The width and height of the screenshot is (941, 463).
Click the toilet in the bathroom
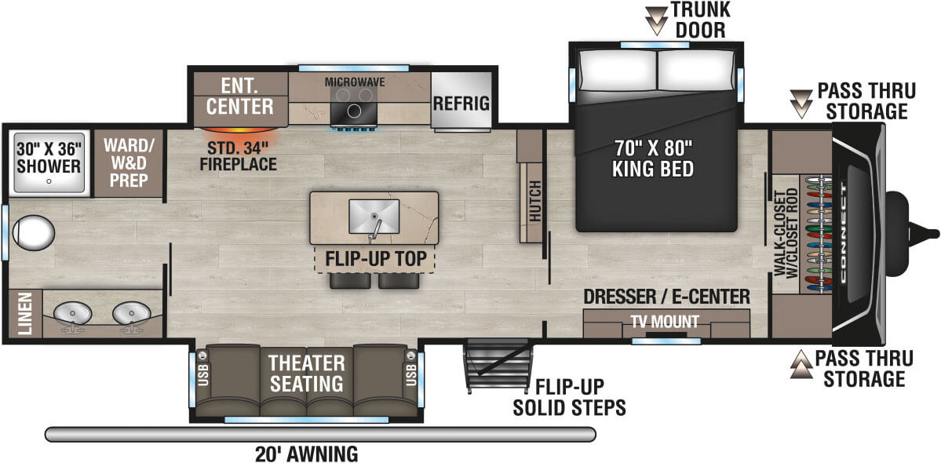point(33,233)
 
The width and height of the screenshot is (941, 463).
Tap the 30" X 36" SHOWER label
point(49,157)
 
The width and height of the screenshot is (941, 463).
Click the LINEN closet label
point(24,313)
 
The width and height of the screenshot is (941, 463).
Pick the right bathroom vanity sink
point(130,315)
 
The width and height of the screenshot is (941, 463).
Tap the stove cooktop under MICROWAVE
point(353,111)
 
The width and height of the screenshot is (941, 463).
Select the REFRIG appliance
point(463,103)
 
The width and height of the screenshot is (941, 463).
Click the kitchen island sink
point(374,213)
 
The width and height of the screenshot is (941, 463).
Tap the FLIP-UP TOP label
point(374,258)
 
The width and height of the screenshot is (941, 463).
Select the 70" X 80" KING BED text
point(655,158)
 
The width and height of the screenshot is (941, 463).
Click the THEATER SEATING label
point(306,374)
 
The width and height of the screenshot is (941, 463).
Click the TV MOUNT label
point(666,322)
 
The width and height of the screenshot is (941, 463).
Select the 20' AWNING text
point(306,454)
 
